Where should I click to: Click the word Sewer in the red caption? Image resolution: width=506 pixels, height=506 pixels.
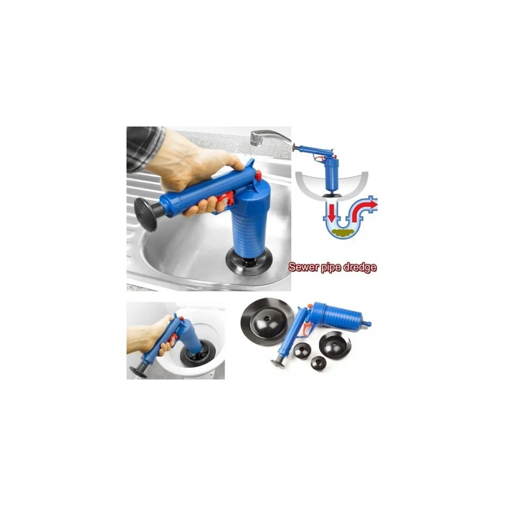click(x=303, y=267)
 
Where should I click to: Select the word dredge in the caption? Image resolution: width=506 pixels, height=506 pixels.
click(x=360, y=268)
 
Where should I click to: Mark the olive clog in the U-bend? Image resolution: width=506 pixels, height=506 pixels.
click(x=344, y=232)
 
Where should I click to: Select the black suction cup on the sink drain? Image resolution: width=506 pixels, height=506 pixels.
click(x=249, y=261)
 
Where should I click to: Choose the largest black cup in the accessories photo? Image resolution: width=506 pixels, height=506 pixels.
click(x=267, y=321)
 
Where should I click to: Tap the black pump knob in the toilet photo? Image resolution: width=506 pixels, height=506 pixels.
click(x=138, y=372)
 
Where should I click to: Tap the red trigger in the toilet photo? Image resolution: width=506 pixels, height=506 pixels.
click(x=173, y=339)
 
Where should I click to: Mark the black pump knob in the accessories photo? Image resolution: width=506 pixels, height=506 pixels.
click(x=277, y=364)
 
